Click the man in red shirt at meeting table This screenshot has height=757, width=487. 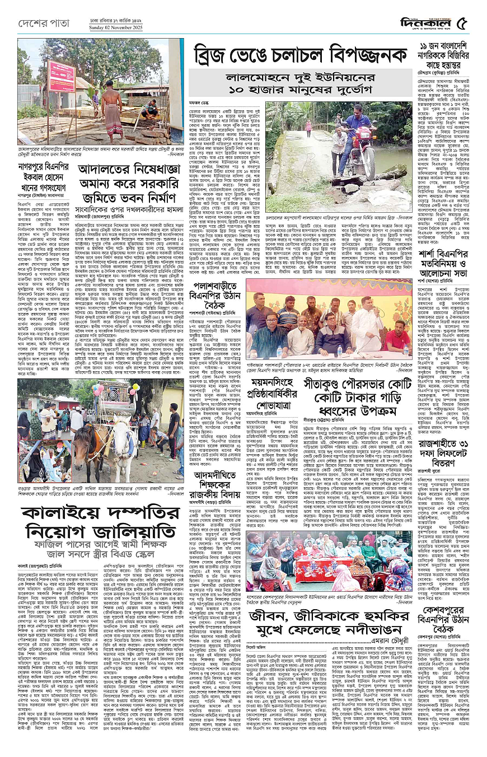pyautogui.click(x=397, y=338)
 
